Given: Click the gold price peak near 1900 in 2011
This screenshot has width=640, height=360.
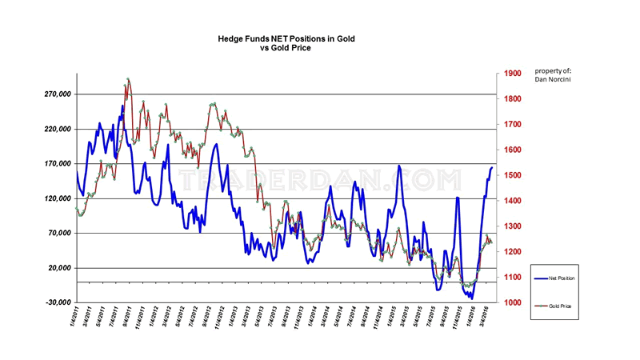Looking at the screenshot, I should (128, 79).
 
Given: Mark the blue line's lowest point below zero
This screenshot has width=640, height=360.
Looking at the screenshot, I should (472, 298).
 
